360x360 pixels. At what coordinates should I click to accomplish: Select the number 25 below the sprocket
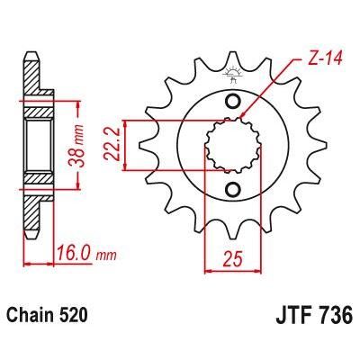(x=233, y=260)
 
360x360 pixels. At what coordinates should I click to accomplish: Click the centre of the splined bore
(x=232, y=144)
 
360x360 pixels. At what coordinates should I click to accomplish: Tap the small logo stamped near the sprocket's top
(x=232, y=79)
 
